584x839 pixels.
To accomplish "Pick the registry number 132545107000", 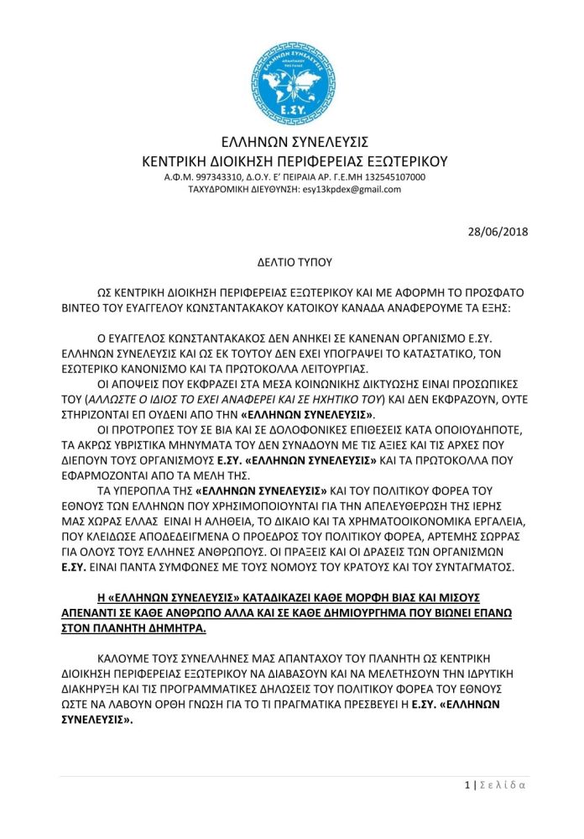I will click(389, 177).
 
